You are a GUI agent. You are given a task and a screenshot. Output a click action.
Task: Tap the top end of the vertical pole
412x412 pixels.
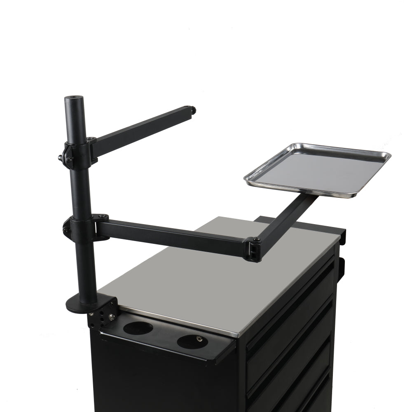click(74, 99)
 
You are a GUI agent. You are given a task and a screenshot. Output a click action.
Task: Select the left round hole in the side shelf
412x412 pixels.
click(138, 328)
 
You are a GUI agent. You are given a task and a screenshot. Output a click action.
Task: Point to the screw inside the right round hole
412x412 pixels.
click(199, 339)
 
